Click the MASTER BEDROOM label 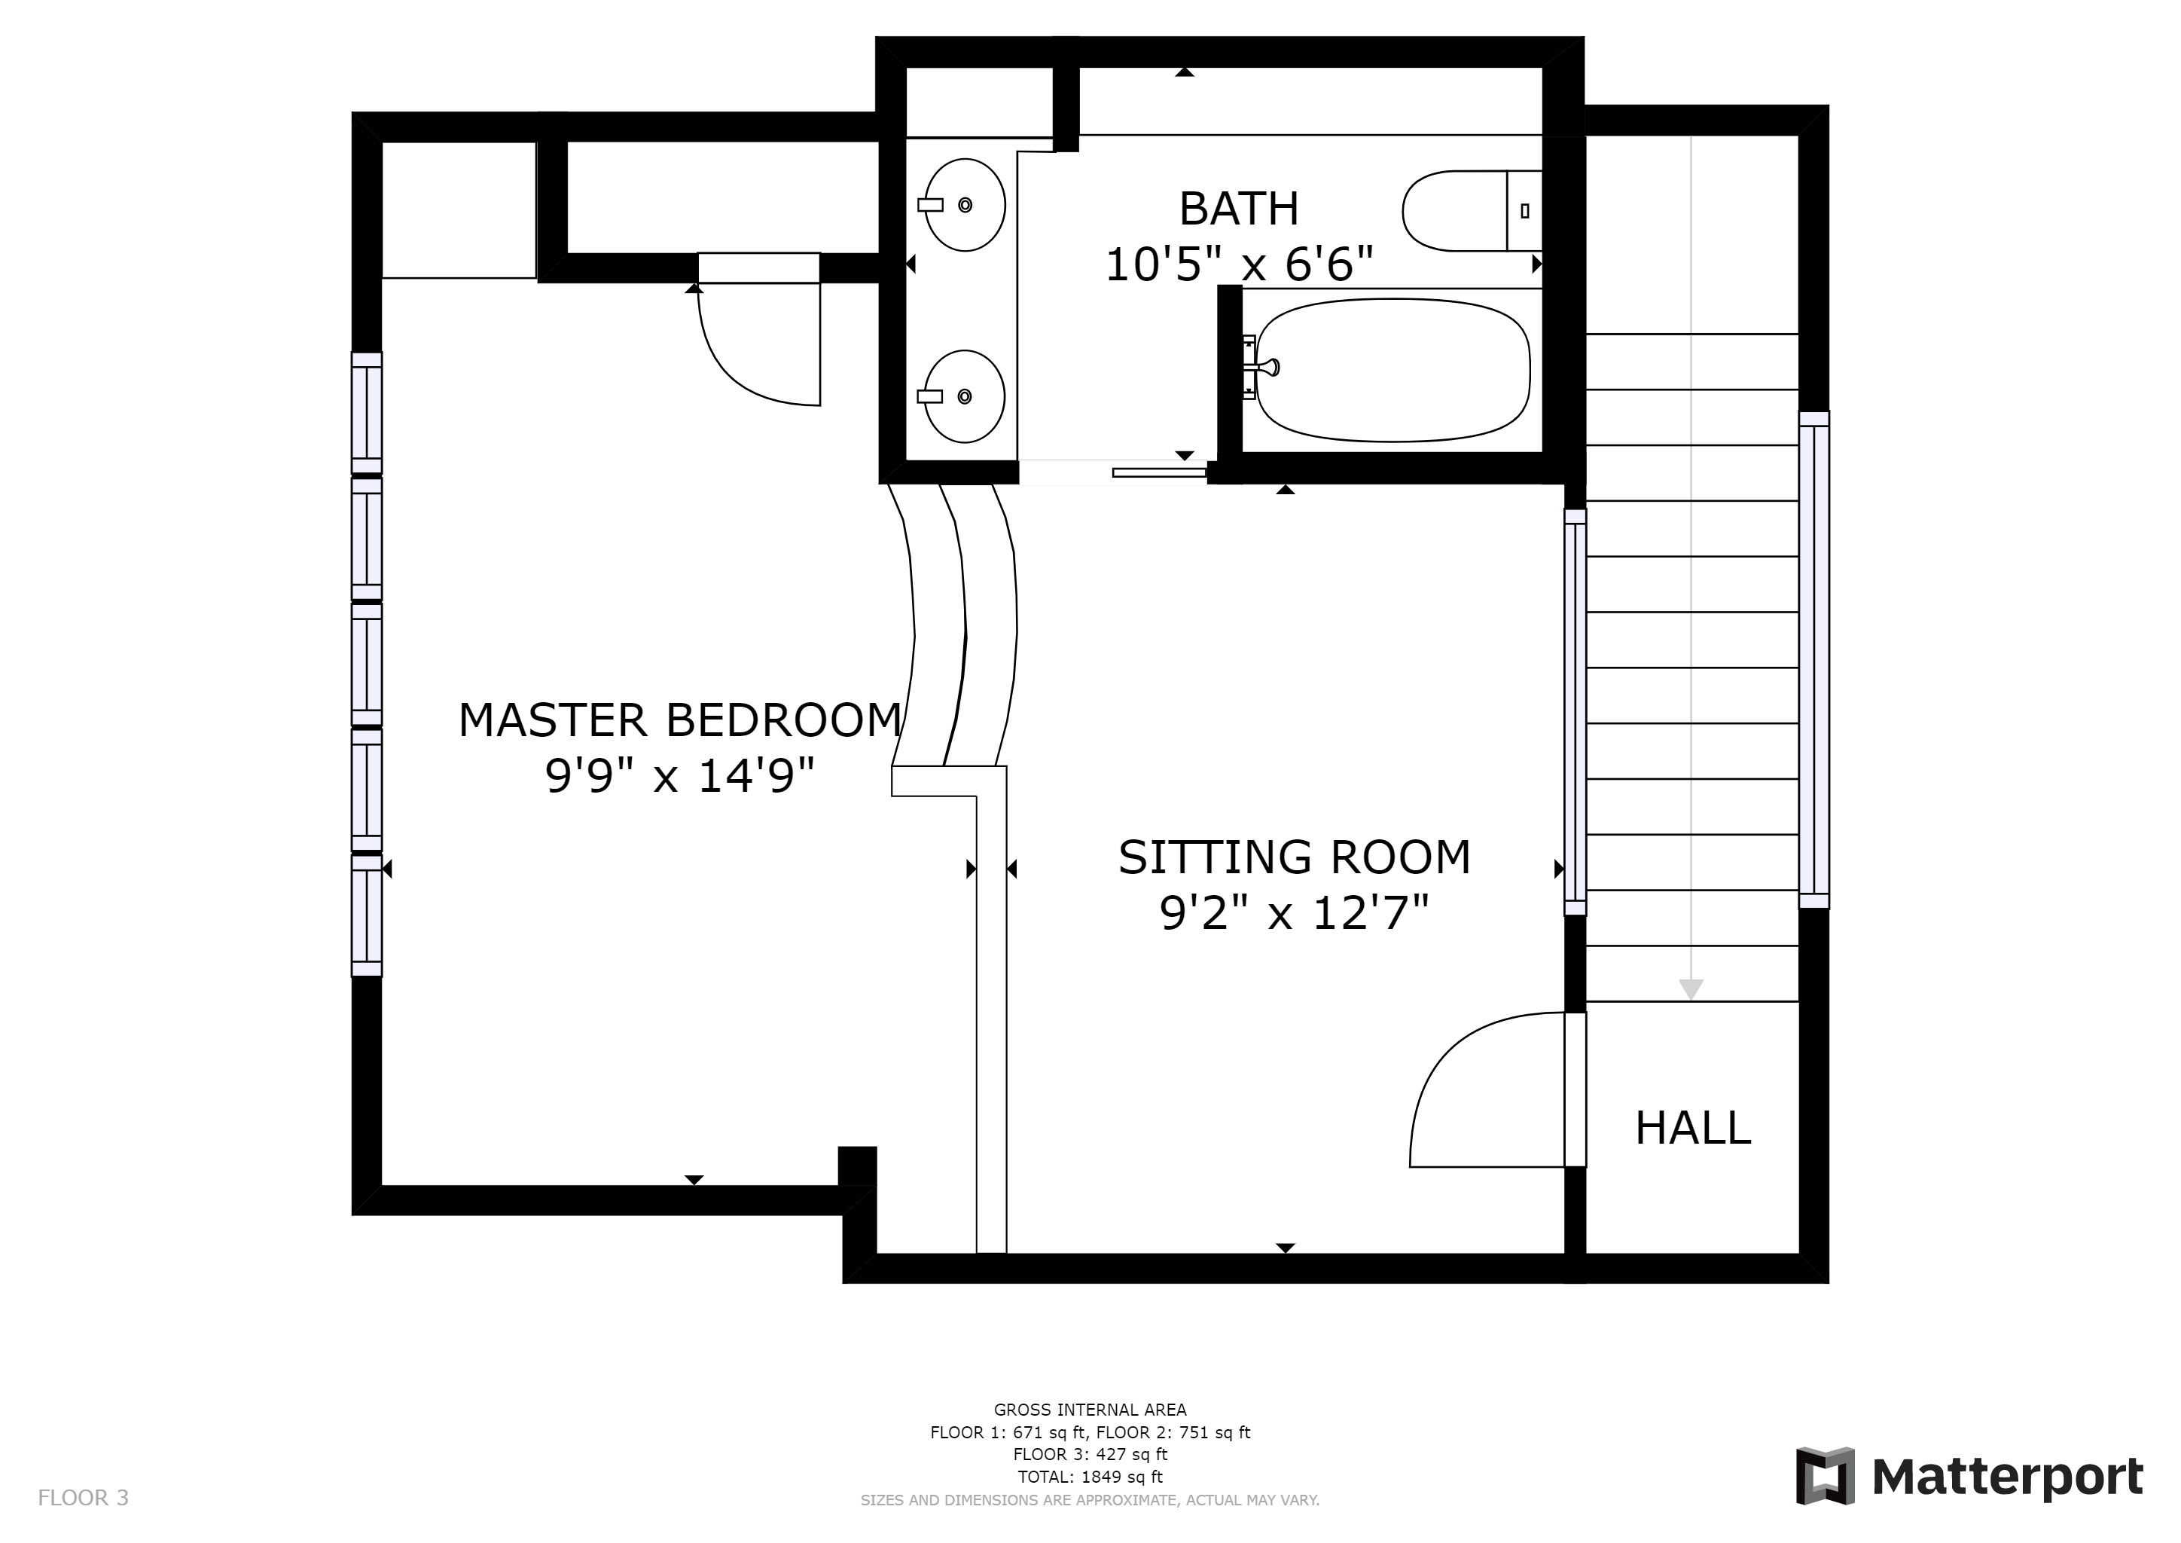pyautogui.click(x=680, y=720)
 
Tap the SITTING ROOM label pyautogui.click(x=1294, y=858)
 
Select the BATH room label pyautogui.click(x=1239, y=209)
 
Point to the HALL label pyautogui.click(x=1693, y=1129)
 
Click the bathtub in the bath pyautogui.click(x=1392, y=371)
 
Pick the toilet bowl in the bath pyautogui.click(x=1454, y=211)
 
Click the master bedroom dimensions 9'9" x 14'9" pyautogui.click(x=680, y=776)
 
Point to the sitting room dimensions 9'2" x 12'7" pyautogui.click(x=1294, y=914)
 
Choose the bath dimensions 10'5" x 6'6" pyautogui.click(x=1239, y=264)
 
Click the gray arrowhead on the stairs pyautogui.click(x=1691, y=989)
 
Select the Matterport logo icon pyautogui.click(x=1825, y=1475)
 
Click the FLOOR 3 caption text pyautogui.click(x=83, y=1499)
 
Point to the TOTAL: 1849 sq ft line pyautogui.click(x=1090, y=1477)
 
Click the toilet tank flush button pyautogui.click(x=1524, y=211)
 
